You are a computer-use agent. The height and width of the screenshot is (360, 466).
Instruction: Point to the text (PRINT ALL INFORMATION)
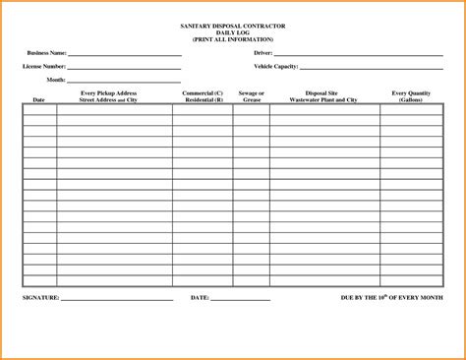click(232, 38)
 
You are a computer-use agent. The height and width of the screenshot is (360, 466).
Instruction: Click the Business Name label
click(47, 52)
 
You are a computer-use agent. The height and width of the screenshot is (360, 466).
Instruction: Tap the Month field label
click(56, 79)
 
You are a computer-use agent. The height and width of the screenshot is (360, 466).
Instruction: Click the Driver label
click(262, 52)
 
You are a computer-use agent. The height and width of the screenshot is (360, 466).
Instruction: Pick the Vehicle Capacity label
click(275, 66)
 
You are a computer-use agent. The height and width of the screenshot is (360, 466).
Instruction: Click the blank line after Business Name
click(124, 55)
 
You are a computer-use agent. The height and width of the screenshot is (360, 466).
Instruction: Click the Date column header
click(39, 100)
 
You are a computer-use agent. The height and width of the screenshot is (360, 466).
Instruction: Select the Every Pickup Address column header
click(114, 96)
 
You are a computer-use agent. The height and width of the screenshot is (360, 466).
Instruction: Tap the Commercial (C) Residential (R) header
click(203, 96)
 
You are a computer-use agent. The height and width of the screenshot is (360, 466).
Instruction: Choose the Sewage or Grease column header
click(251, 96)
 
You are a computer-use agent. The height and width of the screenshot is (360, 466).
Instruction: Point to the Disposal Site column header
click(323, 96)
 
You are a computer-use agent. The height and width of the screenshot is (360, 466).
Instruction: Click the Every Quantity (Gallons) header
click(412, 96)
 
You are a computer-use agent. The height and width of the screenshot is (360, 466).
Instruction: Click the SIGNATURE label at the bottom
click(40, 296)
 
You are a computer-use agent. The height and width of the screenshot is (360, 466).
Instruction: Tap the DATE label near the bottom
click(199, 296)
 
